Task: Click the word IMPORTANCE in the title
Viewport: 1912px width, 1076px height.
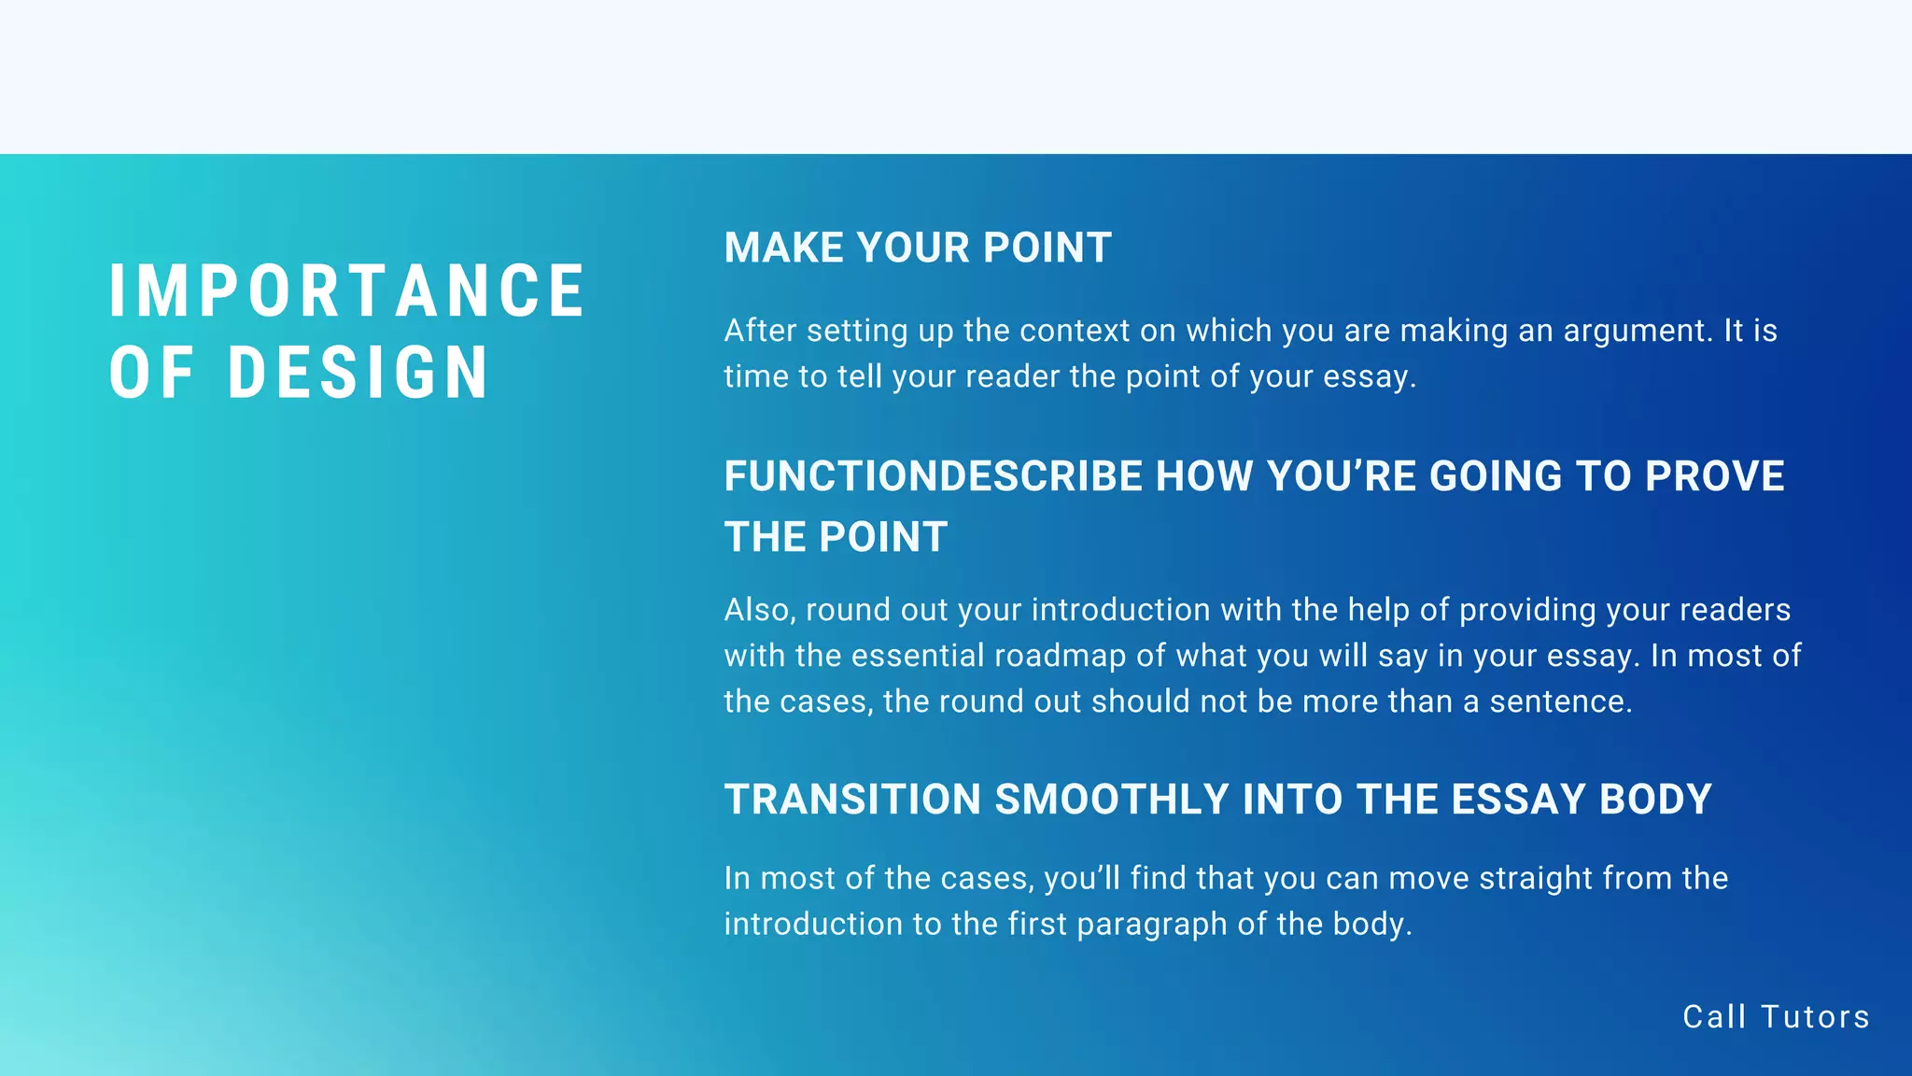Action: (346, 291)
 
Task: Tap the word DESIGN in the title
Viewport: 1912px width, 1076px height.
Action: (358, 373)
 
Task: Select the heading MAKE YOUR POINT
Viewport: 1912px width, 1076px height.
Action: (918, 248)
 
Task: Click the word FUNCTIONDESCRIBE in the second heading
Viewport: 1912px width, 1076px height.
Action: (935, 476)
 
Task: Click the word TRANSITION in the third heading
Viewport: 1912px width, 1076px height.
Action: (852, 800)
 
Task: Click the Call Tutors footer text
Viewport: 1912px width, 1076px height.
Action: (1776, 1017)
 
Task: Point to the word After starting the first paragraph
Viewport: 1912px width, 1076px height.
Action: (760, 331)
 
